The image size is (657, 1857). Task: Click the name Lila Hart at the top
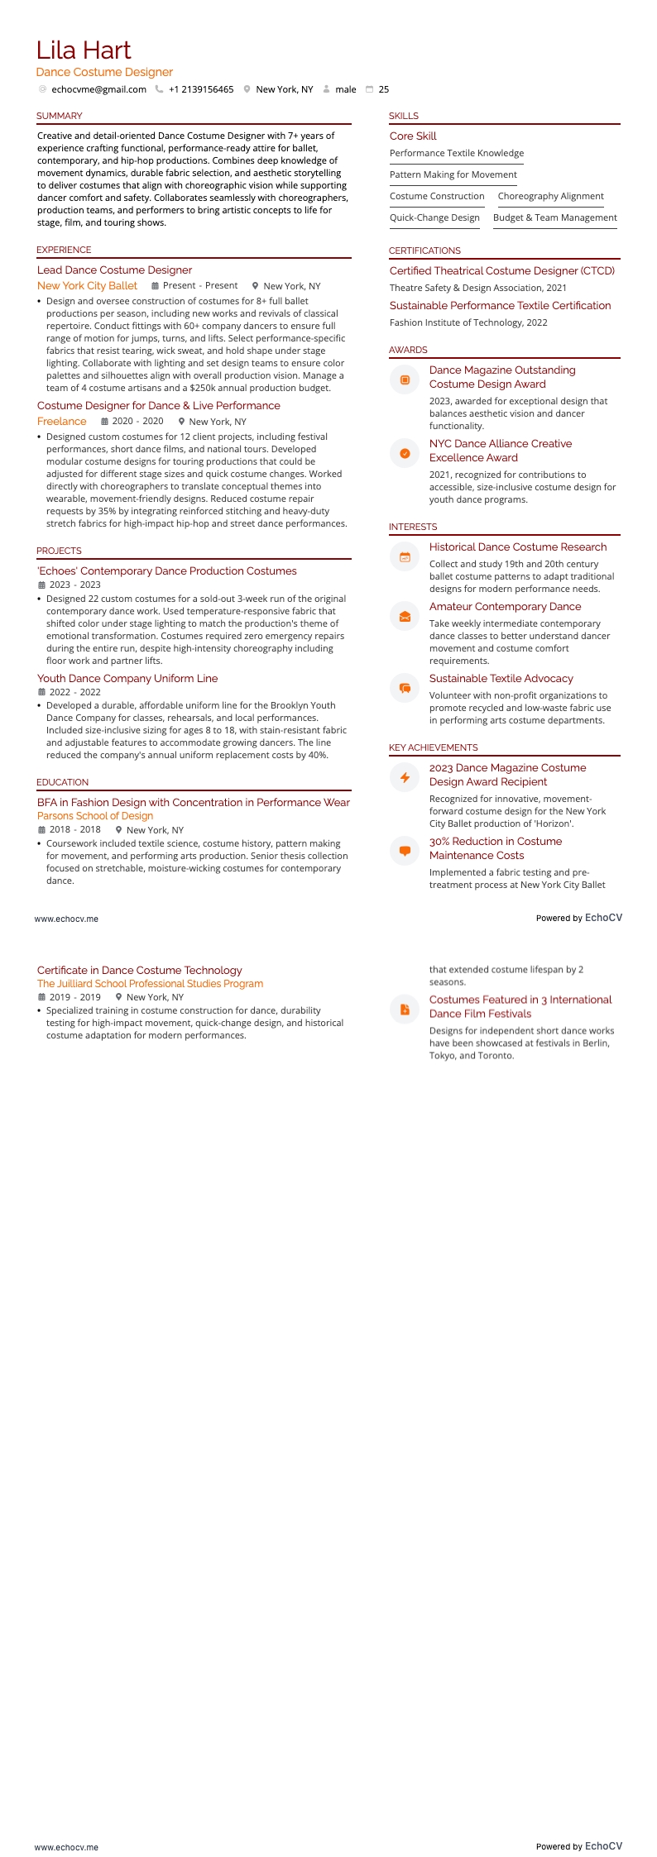coord(84,50)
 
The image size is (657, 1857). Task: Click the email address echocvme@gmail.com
coord(98,89)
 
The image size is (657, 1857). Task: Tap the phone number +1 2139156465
coord(201,89)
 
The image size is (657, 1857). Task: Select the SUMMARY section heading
coord(60,116)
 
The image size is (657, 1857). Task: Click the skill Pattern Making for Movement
coord(453,174)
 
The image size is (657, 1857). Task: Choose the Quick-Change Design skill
coord(434,217)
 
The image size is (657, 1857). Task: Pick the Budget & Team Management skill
coord(555,217)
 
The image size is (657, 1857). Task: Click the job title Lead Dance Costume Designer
coord(114,270)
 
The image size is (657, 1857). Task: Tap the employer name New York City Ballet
coord(87,286)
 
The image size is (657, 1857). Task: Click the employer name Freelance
coord(61,422)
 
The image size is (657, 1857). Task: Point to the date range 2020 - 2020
coord(137,422)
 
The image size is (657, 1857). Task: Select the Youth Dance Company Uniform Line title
coord(127,679)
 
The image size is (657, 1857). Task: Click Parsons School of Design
coord(95,816)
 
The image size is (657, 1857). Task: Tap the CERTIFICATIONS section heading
coord(424,251)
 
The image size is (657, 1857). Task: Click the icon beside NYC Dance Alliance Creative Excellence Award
coord(405,453)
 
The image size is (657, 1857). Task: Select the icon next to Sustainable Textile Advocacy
coord(405,688)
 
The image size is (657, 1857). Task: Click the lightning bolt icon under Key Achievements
coord(405,777)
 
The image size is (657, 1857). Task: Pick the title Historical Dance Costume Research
coord(518,547)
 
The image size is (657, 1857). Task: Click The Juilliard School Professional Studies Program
coord(150,984)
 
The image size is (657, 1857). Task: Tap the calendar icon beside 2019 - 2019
coord(42,997)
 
